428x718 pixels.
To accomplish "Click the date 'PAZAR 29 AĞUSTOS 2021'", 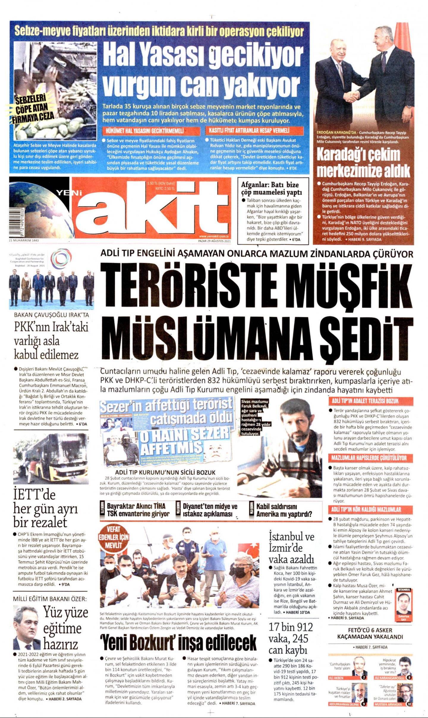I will point(214,241).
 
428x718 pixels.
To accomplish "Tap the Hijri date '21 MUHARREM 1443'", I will point(24,240).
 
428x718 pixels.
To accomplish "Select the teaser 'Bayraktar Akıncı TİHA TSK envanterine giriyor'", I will point(138,510).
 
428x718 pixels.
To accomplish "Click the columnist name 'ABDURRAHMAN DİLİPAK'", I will point(344,704).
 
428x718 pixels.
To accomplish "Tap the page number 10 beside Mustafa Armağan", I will point(410,704).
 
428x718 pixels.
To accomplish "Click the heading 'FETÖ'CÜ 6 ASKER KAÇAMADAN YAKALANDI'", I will point(370,634).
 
